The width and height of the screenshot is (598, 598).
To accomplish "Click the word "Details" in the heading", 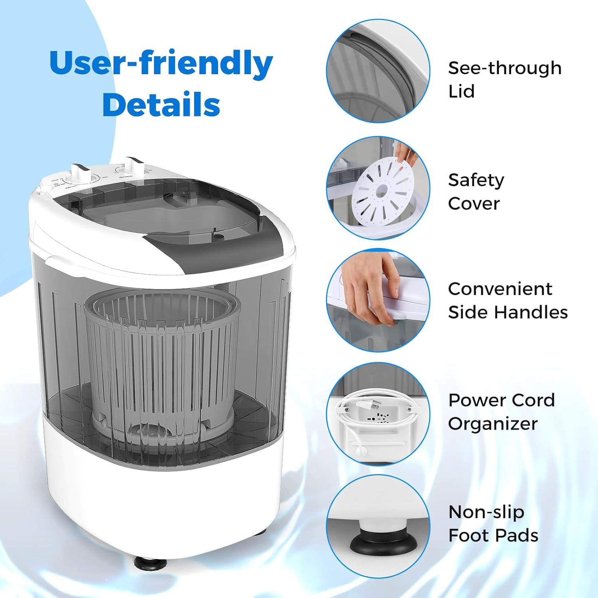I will click(x=161, y=104).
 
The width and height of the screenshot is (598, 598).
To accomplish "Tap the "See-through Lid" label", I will click(x=504, y=80).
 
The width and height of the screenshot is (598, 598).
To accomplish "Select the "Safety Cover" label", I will click(x=476, y=192).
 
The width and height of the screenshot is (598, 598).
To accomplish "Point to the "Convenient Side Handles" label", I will click(x=508, y=301).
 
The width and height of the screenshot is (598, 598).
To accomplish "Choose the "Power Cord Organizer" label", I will click(x=501, y=412).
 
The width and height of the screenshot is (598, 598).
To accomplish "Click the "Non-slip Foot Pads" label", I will click(x=493, y=524).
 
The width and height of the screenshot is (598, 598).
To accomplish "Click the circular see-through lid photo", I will click(x=378, y=71).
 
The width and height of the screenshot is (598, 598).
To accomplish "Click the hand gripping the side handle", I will click(x=371, y=285).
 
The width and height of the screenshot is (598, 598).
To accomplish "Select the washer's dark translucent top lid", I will click(x=167, y=215).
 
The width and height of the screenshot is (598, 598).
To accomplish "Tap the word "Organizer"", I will click(x=493, y=424).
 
